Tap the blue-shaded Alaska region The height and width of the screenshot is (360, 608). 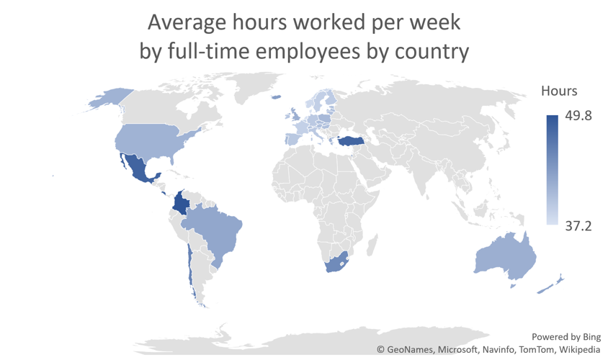point(108,99)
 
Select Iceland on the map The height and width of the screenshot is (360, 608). point(275,97)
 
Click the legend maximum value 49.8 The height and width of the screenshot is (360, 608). point(578,116)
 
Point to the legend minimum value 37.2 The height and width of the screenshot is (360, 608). point(578,226)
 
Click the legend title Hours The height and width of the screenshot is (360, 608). point(559,91)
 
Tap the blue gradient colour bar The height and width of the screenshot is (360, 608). point(552,170)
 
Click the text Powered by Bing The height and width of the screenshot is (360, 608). point(565,336)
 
